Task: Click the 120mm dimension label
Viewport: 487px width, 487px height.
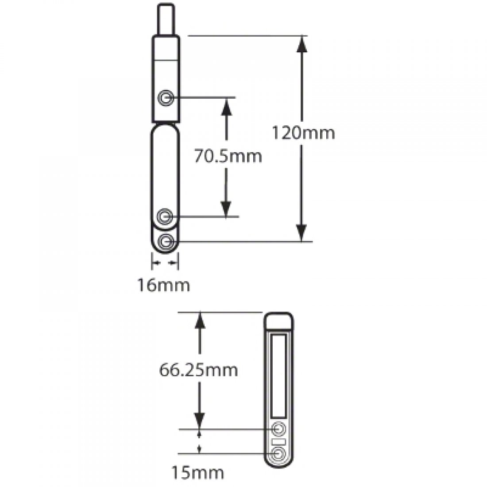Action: click(303, 132)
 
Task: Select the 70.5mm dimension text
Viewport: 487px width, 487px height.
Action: click(228, 156)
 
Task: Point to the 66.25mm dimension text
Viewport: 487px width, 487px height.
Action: click(198, 370)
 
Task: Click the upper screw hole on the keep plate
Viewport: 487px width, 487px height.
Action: click(278, 429)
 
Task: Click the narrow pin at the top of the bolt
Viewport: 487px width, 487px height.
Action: click(166, 19)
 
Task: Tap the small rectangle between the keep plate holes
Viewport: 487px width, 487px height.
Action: click(278, 442)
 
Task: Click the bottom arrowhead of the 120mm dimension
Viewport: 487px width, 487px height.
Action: click(301, 233)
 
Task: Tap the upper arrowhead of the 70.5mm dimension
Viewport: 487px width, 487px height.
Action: click(226, 105)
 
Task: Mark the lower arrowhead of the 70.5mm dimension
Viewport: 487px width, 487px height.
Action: click(226, 209)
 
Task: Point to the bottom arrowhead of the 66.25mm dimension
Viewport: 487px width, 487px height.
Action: click(200, 421)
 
